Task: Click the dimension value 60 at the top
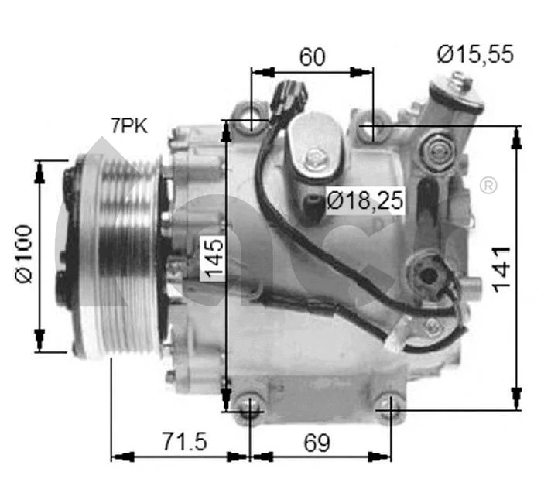(313, 57)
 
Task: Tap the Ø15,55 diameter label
(474, 55)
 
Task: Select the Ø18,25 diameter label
(366, 201)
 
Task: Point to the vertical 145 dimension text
(213, 258)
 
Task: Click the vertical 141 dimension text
(501, 268)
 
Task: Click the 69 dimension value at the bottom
(315, 443)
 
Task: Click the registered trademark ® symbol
(488, 186)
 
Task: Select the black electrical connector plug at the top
(293, 94)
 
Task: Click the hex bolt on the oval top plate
(314, 160)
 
